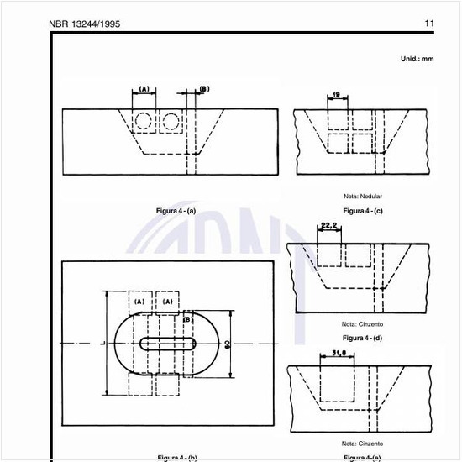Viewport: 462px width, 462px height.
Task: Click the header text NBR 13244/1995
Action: (x=85, y=24)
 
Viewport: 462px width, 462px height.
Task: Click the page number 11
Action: (x=429, y=24)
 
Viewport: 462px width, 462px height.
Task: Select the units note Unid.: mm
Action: (x=417, y=60)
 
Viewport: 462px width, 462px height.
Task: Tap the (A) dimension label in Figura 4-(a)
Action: (x=144, y=88)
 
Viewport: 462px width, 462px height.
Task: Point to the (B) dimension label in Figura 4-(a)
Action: (x=204, y=88)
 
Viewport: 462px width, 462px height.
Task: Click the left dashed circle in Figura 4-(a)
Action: (x=144, y=122)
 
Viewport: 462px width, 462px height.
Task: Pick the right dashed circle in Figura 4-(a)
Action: (x=171, y=122)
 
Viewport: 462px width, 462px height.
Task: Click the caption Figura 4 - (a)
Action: (x=176, y=211)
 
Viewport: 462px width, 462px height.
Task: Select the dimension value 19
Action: (x=337, y=95)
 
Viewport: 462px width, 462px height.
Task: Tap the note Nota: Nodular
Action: (x=362, y=197)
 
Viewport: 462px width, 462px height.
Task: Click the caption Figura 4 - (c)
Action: (x=362, y=211)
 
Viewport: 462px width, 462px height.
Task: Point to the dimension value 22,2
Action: (x=329, y=225)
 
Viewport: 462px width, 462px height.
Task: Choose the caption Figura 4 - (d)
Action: (x=362, y=338)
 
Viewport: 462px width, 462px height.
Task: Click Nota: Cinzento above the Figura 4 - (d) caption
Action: (x=362, y=324)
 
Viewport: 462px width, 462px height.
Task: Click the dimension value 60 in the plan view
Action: (x=228, y=344)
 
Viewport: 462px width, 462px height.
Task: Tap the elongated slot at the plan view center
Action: (x=168, y=344)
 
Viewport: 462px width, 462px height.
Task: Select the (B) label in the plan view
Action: (x=188, y=318)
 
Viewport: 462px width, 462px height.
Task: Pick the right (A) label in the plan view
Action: (x=167, y=301)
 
